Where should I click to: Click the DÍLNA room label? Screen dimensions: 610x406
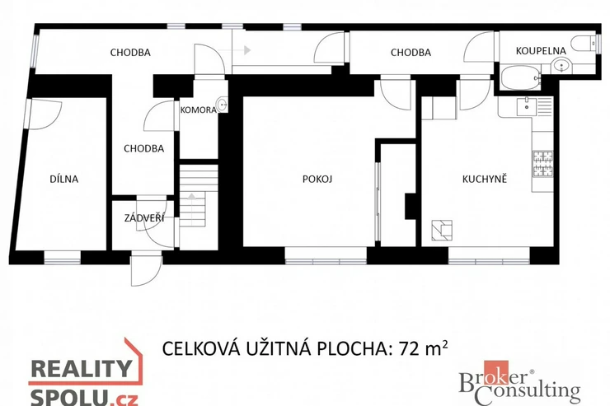[64, 179]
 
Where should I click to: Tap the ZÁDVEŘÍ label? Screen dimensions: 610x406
[144, 218]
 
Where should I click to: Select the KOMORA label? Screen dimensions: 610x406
[199, 110]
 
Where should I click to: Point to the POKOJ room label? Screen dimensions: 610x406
[317, 179]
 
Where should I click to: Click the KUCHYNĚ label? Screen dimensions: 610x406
[485, 179]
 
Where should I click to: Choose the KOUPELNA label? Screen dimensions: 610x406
[541, 50]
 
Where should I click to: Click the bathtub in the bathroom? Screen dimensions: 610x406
[521, 77]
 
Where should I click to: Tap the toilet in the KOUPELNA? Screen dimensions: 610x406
[583, 43]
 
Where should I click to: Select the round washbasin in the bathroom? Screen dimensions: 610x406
[561, 66]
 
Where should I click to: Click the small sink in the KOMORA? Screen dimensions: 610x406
[222, 104]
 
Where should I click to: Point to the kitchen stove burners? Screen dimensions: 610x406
[543, 164]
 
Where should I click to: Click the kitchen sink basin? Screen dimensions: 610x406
[527, 106]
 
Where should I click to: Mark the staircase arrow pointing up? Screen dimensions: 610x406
[192, 208]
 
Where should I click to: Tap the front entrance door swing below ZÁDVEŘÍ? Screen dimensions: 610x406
[146, 268]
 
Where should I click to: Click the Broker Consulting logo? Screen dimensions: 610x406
[520, 383]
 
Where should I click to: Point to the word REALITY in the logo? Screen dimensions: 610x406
[82, 368]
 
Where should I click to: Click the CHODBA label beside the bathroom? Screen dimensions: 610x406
[411, 53]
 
